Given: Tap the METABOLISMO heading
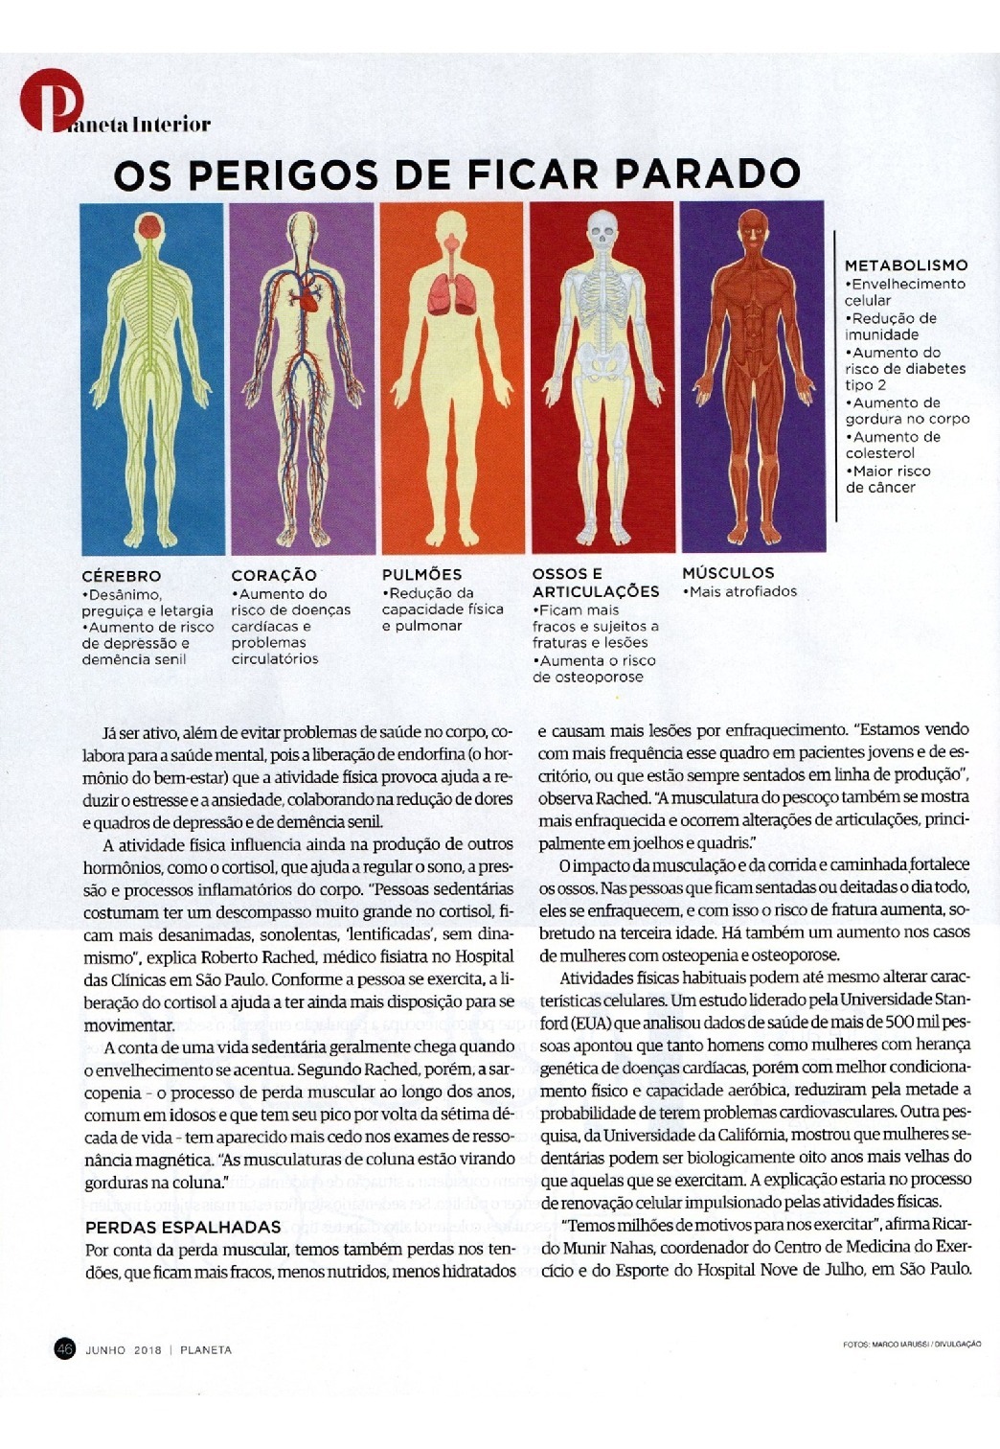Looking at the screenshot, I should coord(906,265).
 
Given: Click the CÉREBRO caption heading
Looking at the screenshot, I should coord(122,576).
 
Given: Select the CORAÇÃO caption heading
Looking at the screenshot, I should coord(274,575).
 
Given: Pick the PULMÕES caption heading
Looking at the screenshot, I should coord(421,575).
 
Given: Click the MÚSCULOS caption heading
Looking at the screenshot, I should coord(728,573).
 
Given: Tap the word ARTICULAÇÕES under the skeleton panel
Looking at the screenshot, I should coord(596,592).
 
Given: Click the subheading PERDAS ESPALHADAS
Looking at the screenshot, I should coord(183,1227).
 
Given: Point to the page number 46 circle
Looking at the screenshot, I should coord(65,1348).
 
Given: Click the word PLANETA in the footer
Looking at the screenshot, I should coord(206,1349).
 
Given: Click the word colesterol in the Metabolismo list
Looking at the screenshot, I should coord(879,453).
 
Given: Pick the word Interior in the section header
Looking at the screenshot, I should coord(172,125).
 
